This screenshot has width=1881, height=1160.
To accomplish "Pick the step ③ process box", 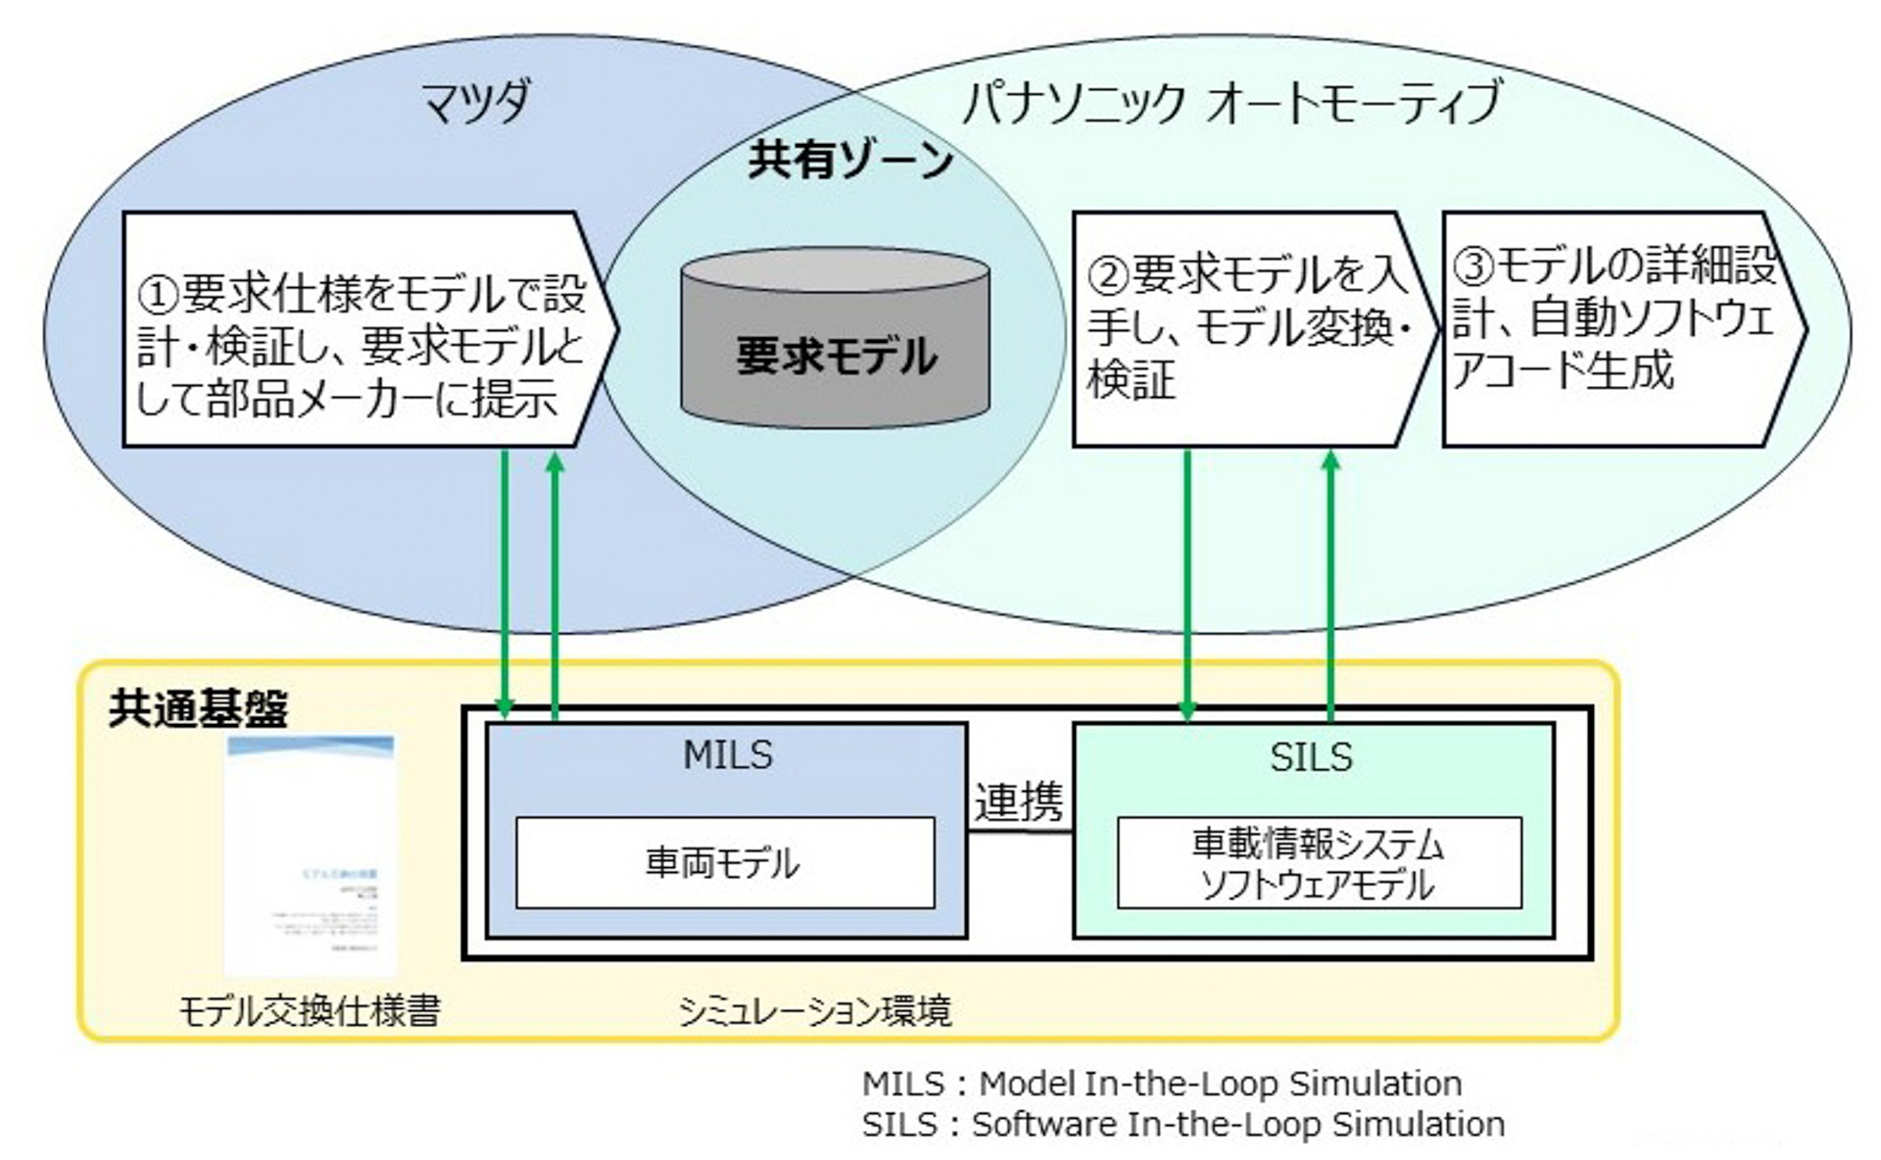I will pos(1616,330).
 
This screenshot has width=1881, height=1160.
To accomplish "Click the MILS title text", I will pos(727,755).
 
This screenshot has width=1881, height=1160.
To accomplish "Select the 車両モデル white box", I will pos(724,863).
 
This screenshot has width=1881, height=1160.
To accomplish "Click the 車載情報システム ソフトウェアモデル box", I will pos(1319,863).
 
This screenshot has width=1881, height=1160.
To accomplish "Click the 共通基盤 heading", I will pos(198,708).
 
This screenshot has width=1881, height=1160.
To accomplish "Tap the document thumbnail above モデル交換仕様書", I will pos(311,854).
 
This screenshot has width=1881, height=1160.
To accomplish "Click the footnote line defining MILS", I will pos(1161,1084).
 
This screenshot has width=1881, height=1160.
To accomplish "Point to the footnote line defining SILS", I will pos(1182,1124).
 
